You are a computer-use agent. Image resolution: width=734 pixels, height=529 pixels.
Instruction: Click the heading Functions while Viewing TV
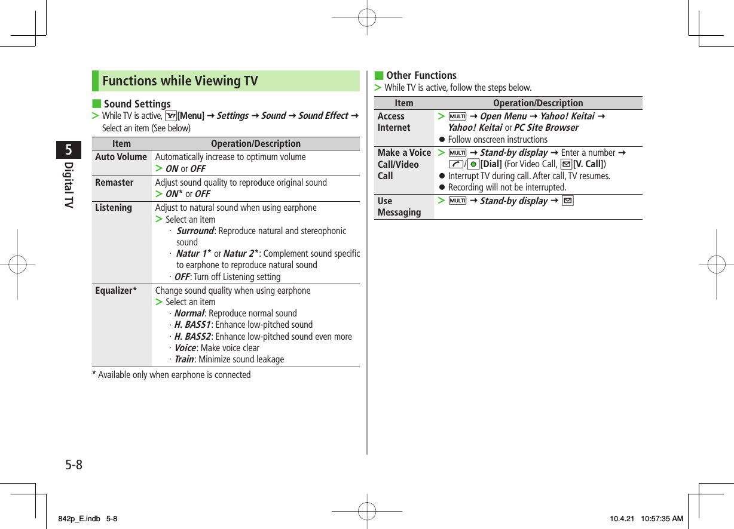pyautogui.click(x=180, y=81)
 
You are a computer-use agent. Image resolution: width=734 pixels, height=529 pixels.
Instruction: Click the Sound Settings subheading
pyautogui.click(x=137, y=104)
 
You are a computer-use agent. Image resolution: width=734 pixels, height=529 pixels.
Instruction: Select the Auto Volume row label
pyautogui.click(x=121, y=157)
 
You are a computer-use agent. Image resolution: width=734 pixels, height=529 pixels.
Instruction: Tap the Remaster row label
pyautogui.click(x=114, y=183)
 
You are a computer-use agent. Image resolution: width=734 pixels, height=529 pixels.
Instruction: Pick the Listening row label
pyautogui.click(x=114, y=208)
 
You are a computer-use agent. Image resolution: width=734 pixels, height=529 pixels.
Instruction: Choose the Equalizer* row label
pyautogui.click(x=116, y=291)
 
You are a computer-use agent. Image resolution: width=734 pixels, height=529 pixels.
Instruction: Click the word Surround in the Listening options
pyautogui.click(x=195, y=231)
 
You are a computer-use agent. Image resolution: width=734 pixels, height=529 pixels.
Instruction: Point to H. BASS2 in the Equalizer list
pyautogui.click(x=192, y=337)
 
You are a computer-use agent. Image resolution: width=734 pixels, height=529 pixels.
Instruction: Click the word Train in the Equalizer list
pyautogui.click(x=184, y=359)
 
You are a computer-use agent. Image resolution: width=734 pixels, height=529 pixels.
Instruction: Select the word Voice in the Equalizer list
pyautogui.click(x=185, y=348)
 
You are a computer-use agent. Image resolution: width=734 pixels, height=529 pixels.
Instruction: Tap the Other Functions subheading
pyautogui.click(x=421, y=75)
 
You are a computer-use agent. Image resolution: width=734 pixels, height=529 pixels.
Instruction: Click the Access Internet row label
pyautogui.click(x=394, y=122)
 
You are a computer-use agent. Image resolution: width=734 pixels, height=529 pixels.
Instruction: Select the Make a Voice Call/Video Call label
pyautogui.click(x=404, y=164)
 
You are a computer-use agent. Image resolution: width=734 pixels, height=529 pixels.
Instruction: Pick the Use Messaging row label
pyautogui.click(x=399, y=207)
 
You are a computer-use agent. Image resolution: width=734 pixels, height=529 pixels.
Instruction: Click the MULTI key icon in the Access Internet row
pyautogui.click(x=457, y=116)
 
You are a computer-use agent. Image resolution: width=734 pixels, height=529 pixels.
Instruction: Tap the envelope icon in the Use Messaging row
pyautogui.click(x=567, y=201)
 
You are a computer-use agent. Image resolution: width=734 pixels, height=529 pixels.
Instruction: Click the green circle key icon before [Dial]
pyautogui.click(x=473, y=164)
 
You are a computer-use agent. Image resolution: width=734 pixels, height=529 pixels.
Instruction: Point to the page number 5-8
pyautogui.click(x=74, y=465)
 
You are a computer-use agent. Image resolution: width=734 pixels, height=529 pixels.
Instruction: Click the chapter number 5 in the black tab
pyautogui.click(x=69, y=150)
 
